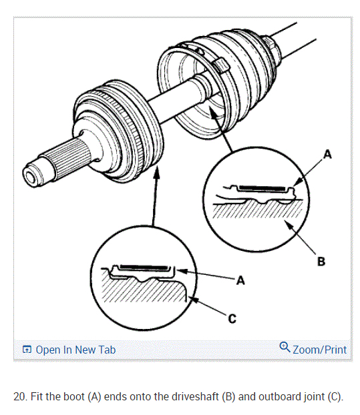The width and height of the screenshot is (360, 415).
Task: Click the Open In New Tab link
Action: coord(75,350)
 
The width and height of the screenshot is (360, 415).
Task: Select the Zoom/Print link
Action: coord(319,350)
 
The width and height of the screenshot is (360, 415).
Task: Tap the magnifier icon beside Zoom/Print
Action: coord(285,347)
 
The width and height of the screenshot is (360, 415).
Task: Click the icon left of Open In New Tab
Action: coord(27,350)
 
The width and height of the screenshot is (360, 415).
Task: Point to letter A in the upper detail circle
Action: coord(328,154)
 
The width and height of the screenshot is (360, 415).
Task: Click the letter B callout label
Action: coord(321,262)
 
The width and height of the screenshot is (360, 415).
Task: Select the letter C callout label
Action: coord(232,318)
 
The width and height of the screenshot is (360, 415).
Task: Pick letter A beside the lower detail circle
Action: coord(240,280)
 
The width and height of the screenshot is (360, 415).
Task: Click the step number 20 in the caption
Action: coord(19,397)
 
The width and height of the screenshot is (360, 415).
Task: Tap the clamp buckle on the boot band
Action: coord(220,65)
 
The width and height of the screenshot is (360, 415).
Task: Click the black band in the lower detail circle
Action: coord(144,268)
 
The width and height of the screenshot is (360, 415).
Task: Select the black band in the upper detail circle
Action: coord(262,188)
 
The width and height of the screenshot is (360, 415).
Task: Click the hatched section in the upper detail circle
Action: coord(258,209)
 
